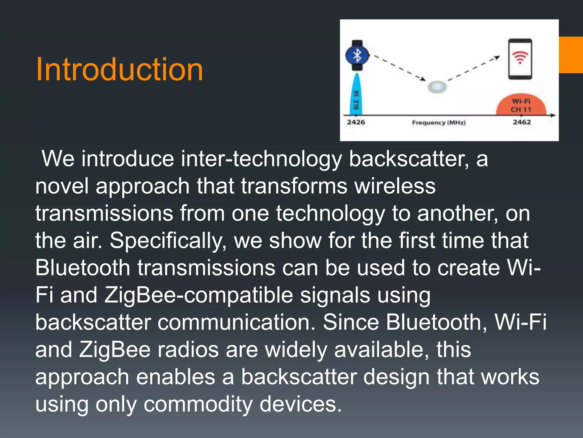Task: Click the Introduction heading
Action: [x=119, y=69]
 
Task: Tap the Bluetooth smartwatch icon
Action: [x=357, y=55]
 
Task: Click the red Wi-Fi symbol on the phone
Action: [x=520, y=57]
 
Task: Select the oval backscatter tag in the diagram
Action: [x=437, y=86]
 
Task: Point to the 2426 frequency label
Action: [x=356, y=122]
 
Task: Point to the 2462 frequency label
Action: [x=522, y=122]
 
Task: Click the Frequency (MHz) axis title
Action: [x=439, y=123]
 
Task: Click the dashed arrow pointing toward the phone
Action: [x=474, y=68]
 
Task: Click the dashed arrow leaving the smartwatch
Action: [x=399, y=67]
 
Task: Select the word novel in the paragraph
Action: [x=62, y=186]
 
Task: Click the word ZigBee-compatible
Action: [x=198, y=295]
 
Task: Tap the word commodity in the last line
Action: [x=198, y=404]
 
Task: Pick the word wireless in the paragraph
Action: [x=395, y=186]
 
